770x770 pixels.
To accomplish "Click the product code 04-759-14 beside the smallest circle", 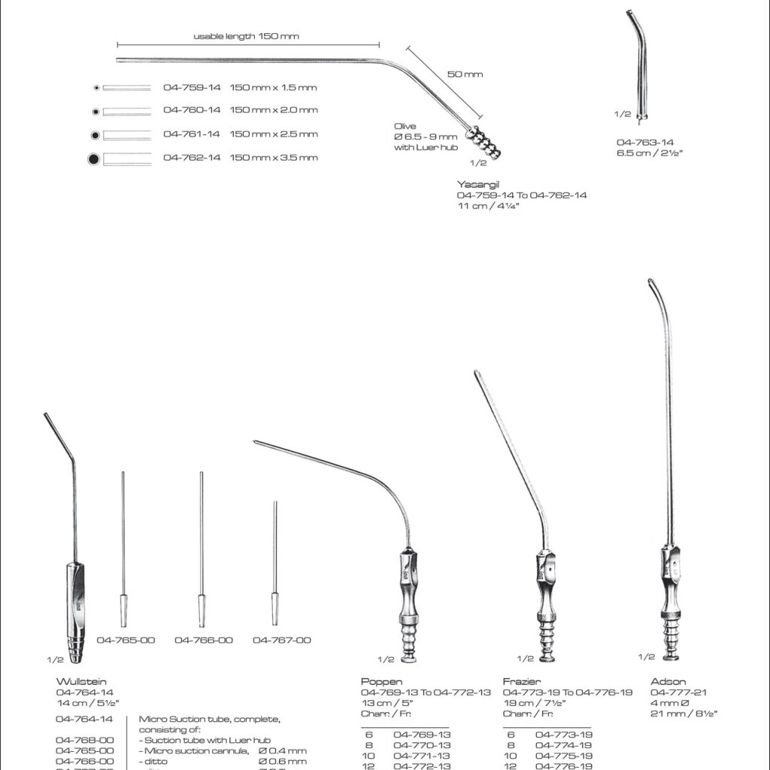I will point(192,87).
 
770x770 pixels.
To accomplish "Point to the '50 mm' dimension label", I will point(464,74).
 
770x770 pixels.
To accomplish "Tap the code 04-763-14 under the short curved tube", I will point(645,142).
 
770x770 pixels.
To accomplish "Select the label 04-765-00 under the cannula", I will point(126,641).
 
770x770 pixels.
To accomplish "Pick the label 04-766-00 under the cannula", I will point(203,641).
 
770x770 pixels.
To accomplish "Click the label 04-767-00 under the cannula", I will point(281,641).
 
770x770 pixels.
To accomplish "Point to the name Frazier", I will point(521,682).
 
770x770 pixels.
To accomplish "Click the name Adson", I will point(668,682).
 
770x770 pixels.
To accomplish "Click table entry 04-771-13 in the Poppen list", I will point(422,755).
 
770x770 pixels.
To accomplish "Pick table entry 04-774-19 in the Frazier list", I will point(564,744).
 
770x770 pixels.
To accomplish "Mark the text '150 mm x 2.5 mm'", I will point(274,134).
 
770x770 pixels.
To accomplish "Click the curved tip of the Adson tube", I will point(652,286).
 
